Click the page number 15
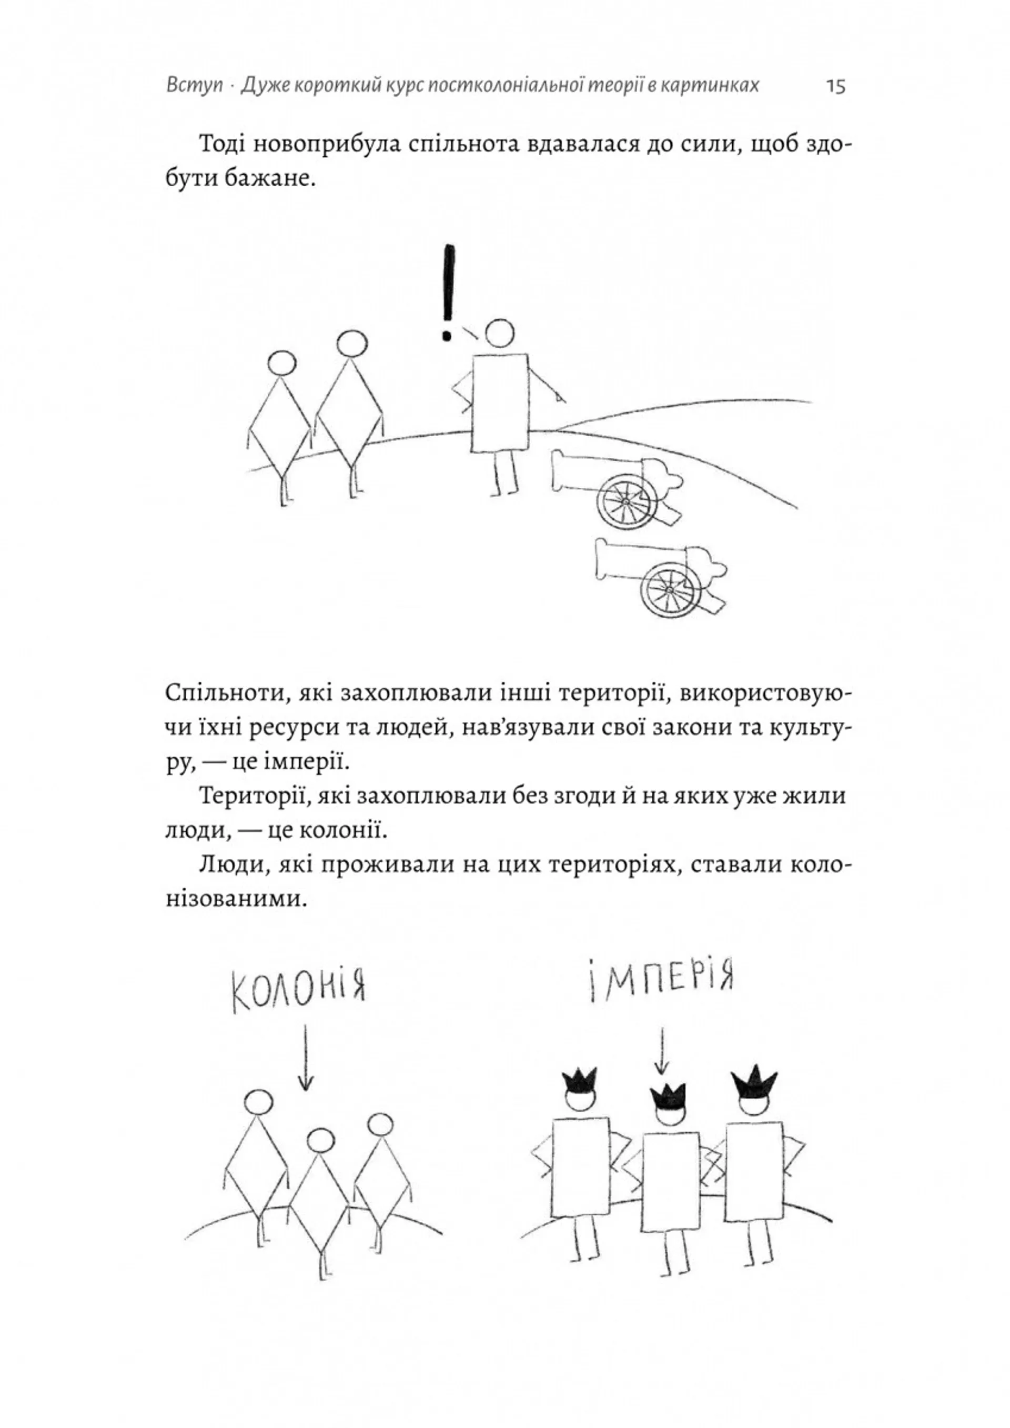[836, 86]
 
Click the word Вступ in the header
[194, 85]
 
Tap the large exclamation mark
[447, 293]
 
